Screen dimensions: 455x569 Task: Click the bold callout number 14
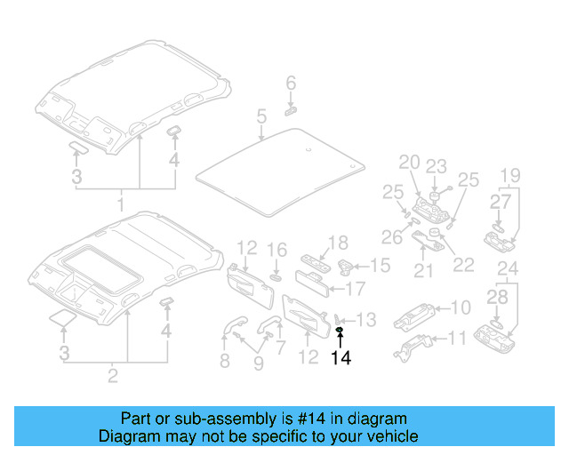pyautogui.click(x=341, y=358)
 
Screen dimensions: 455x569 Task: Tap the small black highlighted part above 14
pyautogui.click(x=340, y=331)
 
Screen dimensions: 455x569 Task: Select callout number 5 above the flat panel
pyautogui.click(x=261, y=116)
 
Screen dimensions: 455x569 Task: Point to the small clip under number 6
pyautogui.click(x=290, y=111)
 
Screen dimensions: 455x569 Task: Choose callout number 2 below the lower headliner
pyautogui.click(x=113, y=376)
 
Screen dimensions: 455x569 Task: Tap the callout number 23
pyautogui.click(x=436, y=165)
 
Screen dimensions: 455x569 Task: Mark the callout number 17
pyautogui.click(x=356, y=288)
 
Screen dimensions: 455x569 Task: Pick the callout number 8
pyautogui.click(x=224, y=361)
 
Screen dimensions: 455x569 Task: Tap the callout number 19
pyautogui.click(x=509, y=174)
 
